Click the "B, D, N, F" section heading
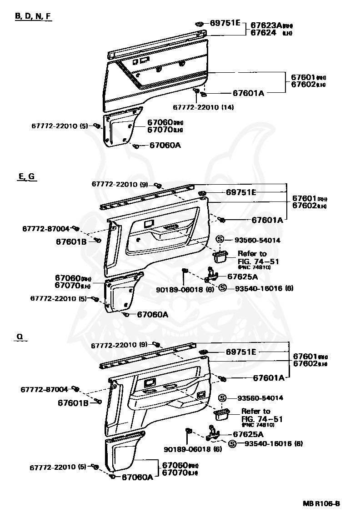tap(33, 16)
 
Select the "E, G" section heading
tap(27, 176)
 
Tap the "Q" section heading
tap(20, 337)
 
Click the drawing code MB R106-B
tap(321, 503)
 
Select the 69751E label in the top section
tap(225, 23)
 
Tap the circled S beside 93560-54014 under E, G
tap(220, 240)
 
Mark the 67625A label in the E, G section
tap(242, 277)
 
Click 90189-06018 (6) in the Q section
tap(193, 449)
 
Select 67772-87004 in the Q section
tap(44, 389)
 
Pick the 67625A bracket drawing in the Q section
tap(212, 433)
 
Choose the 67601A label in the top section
tap(248, 93)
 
